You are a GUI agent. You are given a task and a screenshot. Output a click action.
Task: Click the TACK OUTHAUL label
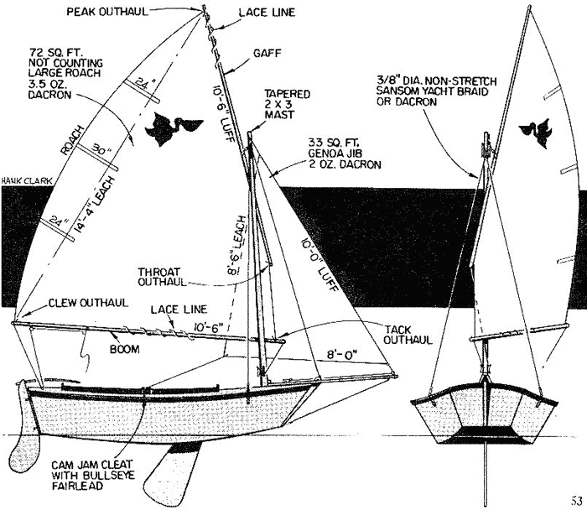(406, 333)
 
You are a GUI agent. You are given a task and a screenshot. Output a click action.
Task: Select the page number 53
(577, 502)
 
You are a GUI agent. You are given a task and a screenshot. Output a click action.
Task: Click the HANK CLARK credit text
(19, 179)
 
